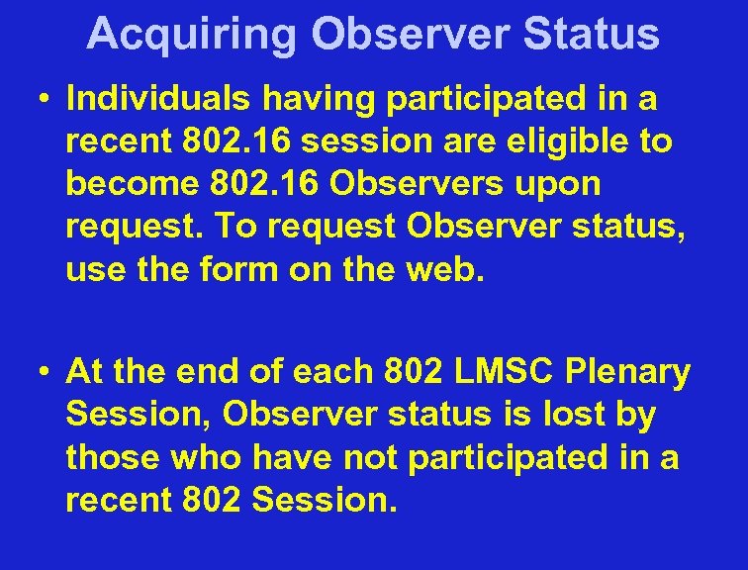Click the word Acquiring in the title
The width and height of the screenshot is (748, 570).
[190, 35]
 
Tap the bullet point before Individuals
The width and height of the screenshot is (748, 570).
[46, 99]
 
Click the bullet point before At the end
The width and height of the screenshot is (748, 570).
[46, 373]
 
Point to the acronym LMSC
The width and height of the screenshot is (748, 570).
[500, 372]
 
